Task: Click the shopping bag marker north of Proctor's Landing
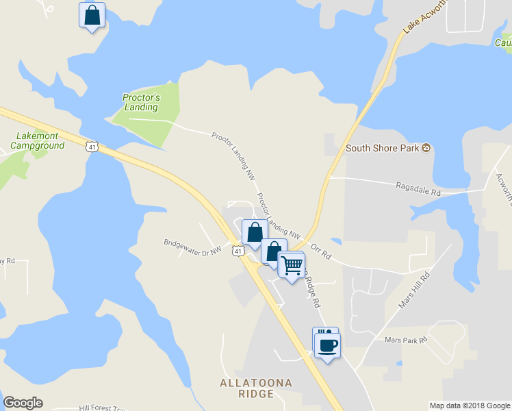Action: tap(92, 15)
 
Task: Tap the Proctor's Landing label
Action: tap(141, 102)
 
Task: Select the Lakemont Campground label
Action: tap(38, 140)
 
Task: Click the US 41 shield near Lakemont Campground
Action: tap(92, 146)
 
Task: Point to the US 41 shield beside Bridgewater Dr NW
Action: tap(237, 251)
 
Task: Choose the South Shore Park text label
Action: tap(383, 148)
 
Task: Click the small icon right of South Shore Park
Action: tap(426, 148)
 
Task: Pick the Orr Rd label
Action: tap(320, 251)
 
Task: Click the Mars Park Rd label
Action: tap(406, 340)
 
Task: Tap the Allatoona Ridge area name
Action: tap(247, 388)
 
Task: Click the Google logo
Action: tap(23, 403)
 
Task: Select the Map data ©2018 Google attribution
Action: tap(469, 406)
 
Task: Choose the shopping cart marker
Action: tap(292, 264)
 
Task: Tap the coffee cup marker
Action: tap(327, 345)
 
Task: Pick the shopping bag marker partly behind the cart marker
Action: tap(272, 251)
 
